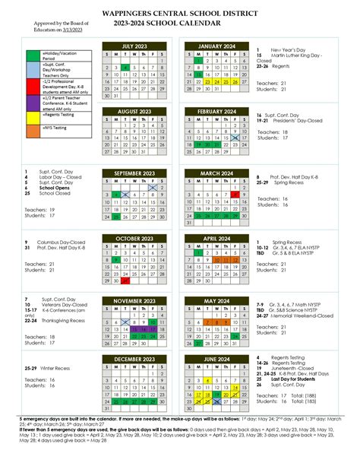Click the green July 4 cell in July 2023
pos(125,68)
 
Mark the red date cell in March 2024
pos(236,195)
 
